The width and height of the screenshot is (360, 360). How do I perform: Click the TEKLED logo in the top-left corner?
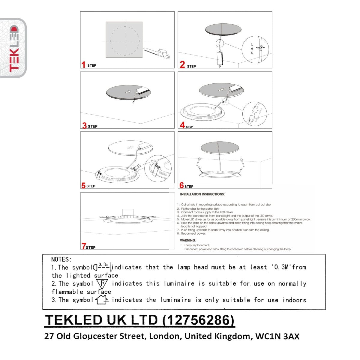(13, 48)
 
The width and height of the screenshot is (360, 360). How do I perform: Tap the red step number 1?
(83, 64)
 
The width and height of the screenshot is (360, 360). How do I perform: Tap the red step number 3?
(85, 125)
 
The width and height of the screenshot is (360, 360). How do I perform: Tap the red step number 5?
(83, 185)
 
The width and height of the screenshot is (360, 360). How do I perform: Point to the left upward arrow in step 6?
(198, 161)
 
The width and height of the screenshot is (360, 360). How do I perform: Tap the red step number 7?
(83, 246)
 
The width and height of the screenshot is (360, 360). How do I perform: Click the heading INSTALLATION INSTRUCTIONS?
(202, 194)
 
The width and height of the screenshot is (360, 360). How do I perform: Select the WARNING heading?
(188, 240)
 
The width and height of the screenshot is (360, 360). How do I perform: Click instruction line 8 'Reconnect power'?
(193, 233)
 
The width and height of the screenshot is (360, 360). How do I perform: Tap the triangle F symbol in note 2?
(102, 283)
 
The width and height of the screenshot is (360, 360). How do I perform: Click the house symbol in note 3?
(101, 300)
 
